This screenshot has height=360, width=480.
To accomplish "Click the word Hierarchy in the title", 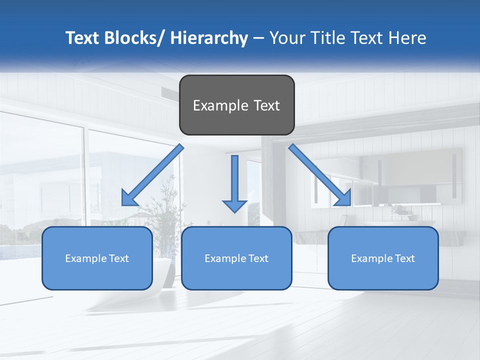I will [x=209, y=38].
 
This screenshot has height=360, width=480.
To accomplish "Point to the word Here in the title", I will [x=406, y=38].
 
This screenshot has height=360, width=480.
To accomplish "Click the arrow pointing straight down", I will [x=234, y=185].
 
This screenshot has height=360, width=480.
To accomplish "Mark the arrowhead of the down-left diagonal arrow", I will [x=128, y=199].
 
